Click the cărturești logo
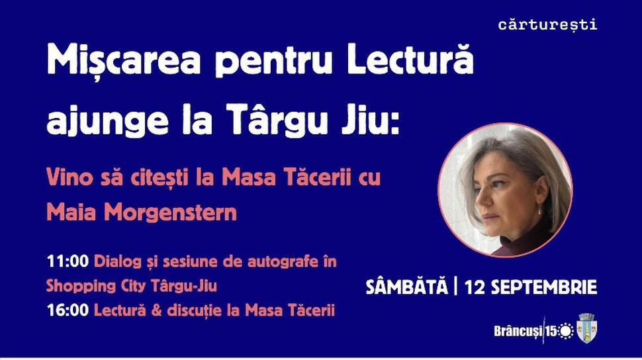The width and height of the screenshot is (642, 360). tap(547, 24)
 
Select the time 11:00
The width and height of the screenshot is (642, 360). tap(68, 261)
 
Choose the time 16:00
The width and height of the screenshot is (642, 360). tap(68, 310)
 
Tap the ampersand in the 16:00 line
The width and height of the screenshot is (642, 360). tap(156, 310)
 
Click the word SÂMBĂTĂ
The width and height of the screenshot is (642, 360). tap(406, 287)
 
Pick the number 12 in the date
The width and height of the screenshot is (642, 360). tap(475, 287)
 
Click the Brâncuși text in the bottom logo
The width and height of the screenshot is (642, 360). tap(518, 331)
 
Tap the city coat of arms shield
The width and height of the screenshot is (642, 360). tap(586, 328)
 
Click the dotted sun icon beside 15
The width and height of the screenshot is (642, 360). tap(566, 331)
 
